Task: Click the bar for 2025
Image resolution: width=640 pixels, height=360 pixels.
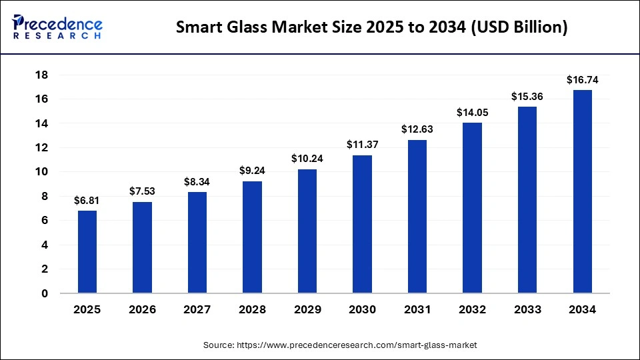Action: pos(87,252)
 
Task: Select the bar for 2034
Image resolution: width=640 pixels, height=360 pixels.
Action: pos(582,191)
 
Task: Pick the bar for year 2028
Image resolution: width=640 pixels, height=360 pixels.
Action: pos(252,237)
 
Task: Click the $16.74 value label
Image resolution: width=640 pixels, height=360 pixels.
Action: pos(582,80)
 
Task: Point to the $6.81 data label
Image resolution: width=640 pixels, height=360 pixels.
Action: pos(87,201)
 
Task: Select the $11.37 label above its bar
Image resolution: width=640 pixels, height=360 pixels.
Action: pos(362,145)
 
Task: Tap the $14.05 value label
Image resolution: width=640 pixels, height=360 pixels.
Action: pos(472,113)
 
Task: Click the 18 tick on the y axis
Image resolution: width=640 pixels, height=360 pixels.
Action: pos(42,75)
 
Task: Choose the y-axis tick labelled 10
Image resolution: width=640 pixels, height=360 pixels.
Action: pos(42,172)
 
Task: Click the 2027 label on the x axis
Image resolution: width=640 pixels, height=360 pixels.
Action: pos(197,310)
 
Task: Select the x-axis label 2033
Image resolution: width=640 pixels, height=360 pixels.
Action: pos(527,310)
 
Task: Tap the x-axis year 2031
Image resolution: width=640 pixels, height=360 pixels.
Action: pos(417,310)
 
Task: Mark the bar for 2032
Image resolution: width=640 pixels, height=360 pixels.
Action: pos(472,208)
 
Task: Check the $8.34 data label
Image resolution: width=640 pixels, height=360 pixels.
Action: pos(197,181)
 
